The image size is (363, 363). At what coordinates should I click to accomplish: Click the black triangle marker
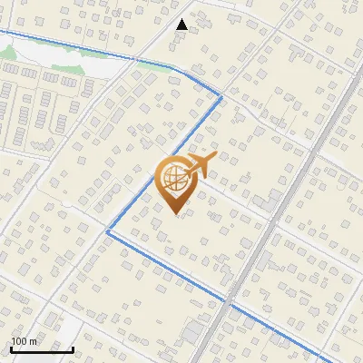point(182,25)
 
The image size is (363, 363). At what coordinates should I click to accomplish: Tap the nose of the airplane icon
point(215,156)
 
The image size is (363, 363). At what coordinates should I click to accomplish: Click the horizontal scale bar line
point(42,349)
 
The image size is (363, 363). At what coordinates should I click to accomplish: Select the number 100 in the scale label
point(20,341)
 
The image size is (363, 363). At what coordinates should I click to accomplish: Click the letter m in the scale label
point(34,342)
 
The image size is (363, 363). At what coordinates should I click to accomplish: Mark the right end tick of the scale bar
point(73,348)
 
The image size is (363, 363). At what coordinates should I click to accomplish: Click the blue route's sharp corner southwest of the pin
point(107,231)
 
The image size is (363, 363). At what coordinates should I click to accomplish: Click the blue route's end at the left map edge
point(2,31)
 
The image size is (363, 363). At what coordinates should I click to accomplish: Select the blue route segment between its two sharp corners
point(163,163)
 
